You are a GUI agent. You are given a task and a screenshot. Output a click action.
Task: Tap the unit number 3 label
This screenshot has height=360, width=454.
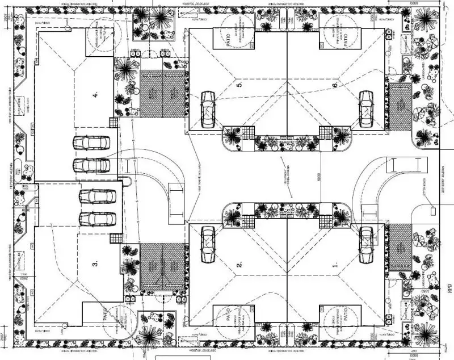click(95, 263)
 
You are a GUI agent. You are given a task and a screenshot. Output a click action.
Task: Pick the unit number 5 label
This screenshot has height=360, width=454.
click(239, 85)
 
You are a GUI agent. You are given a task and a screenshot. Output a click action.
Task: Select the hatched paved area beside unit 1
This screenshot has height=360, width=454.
click(400, 246)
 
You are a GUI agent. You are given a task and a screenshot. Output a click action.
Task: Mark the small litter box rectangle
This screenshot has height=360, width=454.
click(434, 211)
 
